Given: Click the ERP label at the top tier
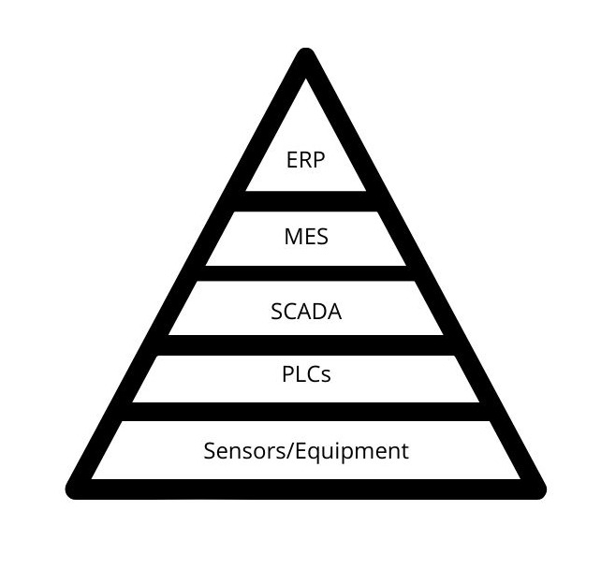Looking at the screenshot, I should [x=305, y=160].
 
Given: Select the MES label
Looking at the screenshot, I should [x=306, y=236].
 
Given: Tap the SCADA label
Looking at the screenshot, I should [x=306, y=312].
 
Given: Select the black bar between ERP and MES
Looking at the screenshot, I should [x=306, y=201].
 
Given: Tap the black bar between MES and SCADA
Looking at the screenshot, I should [x=306, y=273].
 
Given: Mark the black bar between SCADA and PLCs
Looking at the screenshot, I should [x=306, y=344].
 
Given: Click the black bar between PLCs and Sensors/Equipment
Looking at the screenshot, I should [x=306, y=412].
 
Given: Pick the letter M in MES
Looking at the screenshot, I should [x=291, y=236].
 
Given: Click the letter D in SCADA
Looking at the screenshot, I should [x=319, y=312].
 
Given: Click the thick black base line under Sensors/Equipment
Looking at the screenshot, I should [x=306, y=489].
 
